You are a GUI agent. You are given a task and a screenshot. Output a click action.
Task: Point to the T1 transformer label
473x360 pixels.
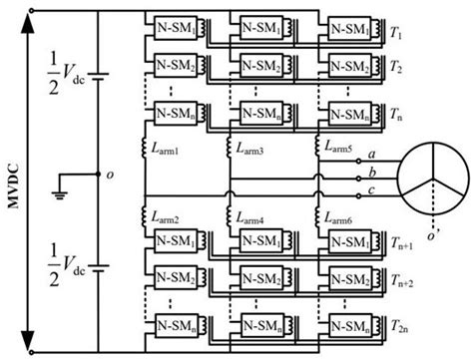tap(396, 33)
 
